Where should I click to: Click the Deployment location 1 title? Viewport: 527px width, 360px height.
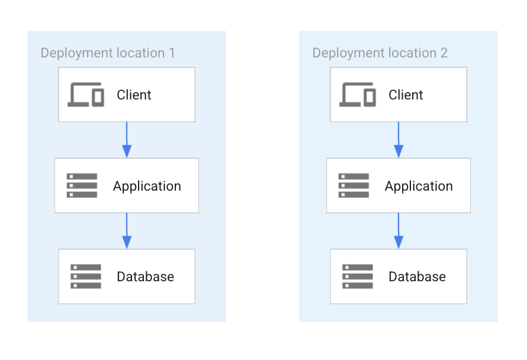pyautogui.click(x=108, y=53)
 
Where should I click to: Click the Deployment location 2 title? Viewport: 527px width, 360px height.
pyautogui.click(x=380, y=53)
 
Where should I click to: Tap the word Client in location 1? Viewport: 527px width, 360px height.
pyautogui.click(x=134, y=95)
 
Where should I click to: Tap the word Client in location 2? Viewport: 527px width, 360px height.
pyautogui.click(x=406, y=95)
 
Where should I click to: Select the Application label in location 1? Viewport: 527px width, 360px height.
pyautogui.click(x=147, y=186)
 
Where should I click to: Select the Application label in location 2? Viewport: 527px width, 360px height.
pyautogui.click(x=419, y=186)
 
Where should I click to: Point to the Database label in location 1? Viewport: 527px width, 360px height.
pyautogui.click(x=145, y=277)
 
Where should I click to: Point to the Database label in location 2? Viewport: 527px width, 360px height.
pyautogui.click(x=417, y=277)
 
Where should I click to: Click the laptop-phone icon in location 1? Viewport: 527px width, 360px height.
pyautogui.click(x=86, y=95)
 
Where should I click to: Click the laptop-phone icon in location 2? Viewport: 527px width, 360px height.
pyautogui.click(x=358, y=95)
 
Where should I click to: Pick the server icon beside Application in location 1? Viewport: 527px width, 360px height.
pyautogui.click(x=82, y=185)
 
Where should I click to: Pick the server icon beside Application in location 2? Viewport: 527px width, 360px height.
pyautogui.click(x=354, y=185)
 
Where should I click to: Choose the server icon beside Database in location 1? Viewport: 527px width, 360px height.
pyautogui.click(x=86, y=277)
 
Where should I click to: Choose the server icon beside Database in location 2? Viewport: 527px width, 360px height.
pyautogui.click(x=358, y=277)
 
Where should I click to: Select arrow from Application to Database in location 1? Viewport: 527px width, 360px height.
pyautogui.click(x=127, y=231)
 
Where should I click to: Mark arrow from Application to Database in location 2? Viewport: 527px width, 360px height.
pyautogui.click(x=399, y=231)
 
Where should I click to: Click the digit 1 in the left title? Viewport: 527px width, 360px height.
pyautogui.click(x=172, y=53)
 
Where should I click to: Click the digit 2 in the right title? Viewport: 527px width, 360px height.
pyautogui.click(x=444, y=53)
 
